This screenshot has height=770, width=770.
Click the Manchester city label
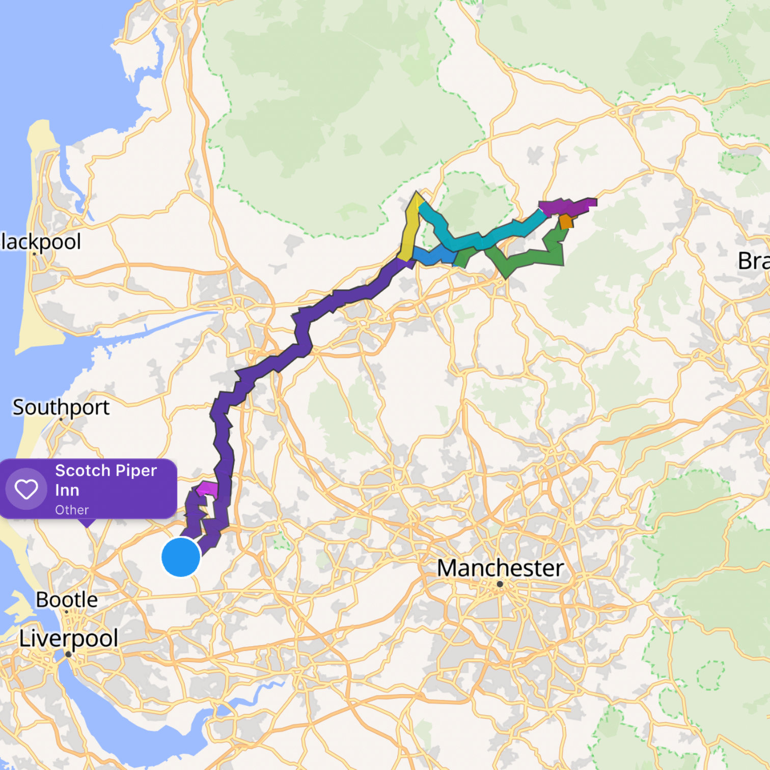500,568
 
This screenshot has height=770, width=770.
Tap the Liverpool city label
69,638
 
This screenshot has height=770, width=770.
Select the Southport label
61,407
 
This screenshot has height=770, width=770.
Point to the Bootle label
67,599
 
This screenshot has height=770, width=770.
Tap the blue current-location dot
181,557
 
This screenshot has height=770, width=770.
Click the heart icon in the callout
26,489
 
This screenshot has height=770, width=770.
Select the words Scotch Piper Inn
105,480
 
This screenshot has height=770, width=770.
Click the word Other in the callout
72,510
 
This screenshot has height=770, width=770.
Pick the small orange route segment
566,222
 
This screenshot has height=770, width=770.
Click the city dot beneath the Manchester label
500,584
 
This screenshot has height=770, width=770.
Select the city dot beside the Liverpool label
68,654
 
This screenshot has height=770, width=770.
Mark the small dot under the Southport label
61,419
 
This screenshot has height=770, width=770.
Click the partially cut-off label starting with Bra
754,261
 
